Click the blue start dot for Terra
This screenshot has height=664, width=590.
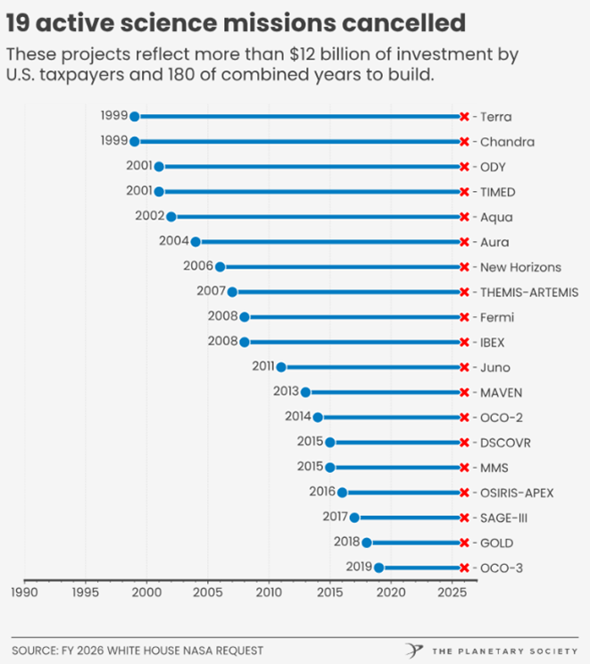(x=135, y=117)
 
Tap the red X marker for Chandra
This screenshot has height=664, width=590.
(x=464, y=142)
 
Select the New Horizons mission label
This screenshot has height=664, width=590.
(x=520, y=267)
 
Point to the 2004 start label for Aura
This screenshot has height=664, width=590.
(x=173, y=241)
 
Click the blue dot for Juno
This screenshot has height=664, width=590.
(x=281, y=367)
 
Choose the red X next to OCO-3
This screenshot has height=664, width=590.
(x=464, y=568)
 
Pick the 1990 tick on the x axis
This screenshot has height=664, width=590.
(x=24, y=591)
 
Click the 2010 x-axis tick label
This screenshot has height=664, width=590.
(x=270, y=591)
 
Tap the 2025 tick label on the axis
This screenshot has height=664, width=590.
(x=453, y=591)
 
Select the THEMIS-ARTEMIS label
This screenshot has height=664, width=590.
(x=528, y=292)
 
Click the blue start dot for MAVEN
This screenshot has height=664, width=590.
(x=306, y=392)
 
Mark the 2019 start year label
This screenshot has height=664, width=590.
(x=358, y=567)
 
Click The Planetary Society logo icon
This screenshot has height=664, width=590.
(x=413, y=650)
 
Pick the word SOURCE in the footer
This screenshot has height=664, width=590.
(x=35, y=650)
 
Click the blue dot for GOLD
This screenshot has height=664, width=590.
(x=367, y=543)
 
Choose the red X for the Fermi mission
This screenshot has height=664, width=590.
(x=464, y=317)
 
